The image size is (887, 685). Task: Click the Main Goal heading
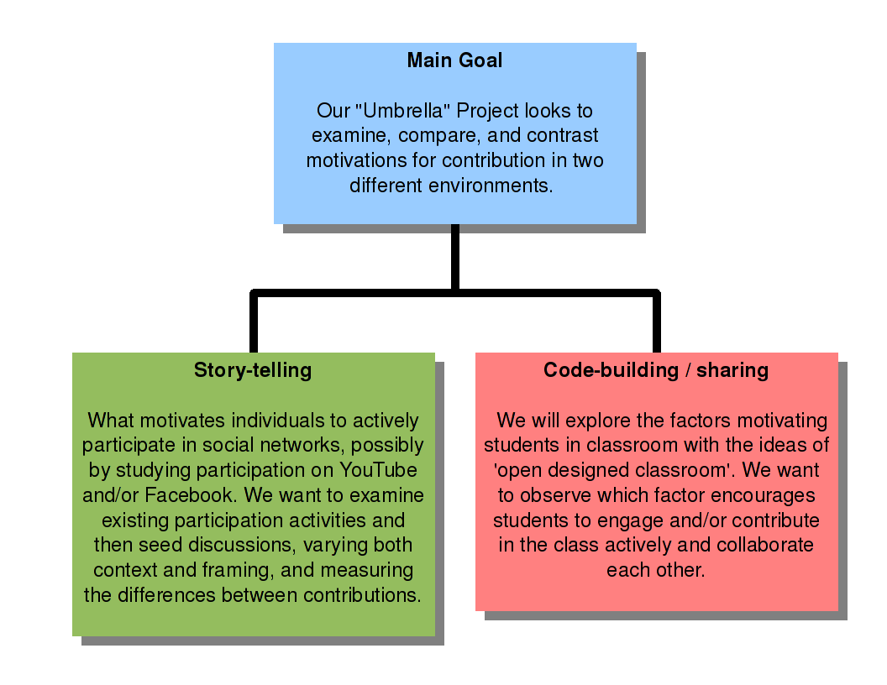454,60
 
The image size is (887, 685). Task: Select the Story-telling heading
253,369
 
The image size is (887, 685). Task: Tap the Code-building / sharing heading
656,369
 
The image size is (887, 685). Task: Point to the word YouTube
378,469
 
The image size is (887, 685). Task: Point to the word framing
238,570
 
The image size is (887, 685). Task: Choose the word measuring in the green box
366,570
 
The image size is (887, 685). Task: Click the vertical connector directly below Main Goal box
454,258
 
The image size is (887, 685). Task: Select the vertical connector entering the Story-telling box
254,322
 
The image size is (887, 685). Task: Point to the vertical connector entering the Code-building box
657,322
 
